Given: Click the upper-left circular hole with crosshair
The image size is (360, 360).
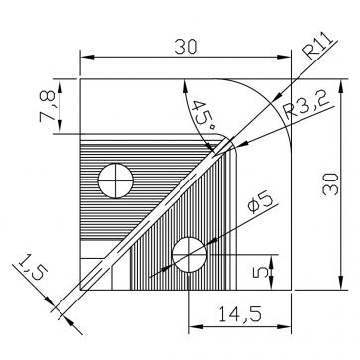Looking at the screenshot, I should click(117, 180).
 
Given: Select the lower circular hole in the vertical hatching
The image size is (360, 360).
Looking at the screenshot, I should click(188, 255).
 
